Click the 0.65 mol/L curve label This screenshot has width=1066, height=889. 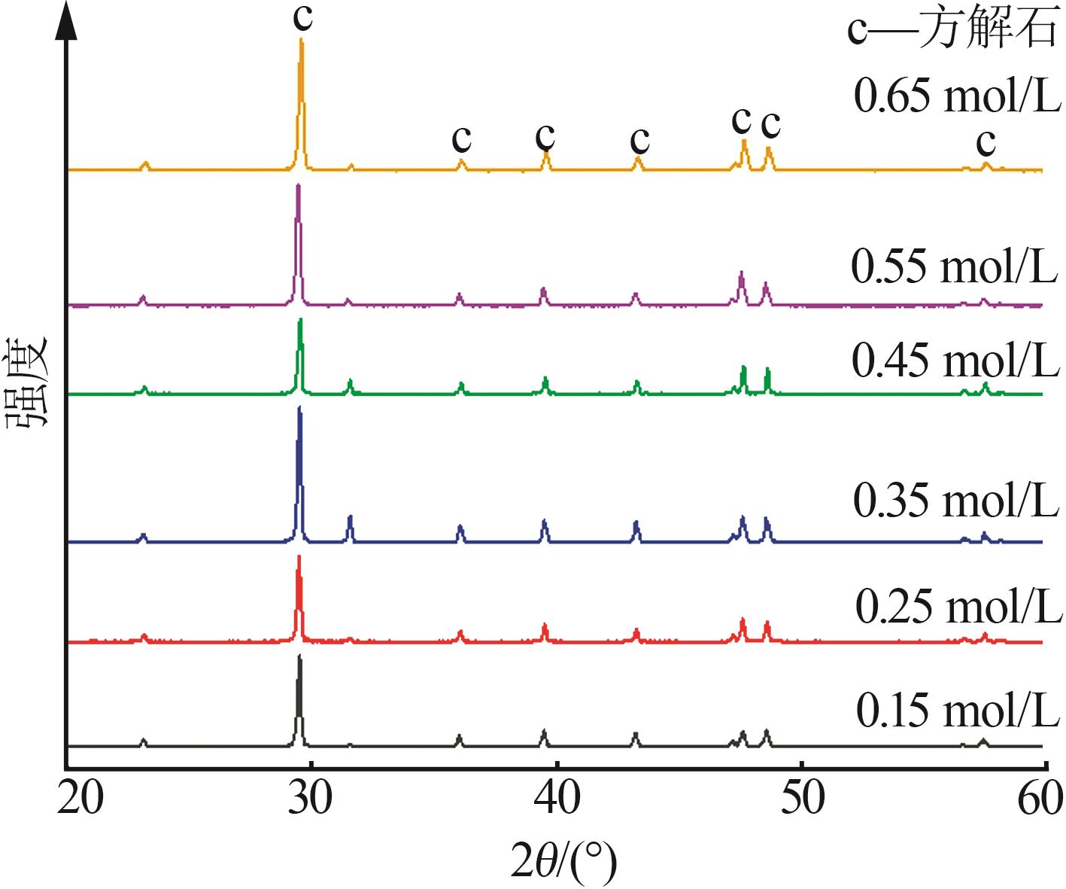click(x=957, y=97)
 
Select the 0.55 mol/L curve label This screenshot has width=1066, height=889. click(x=954, y=266)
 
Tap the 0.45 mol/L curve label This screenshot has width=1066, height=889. click(x=955, y=361)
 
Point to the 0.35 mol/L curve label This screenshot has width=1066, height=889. click(x=955, y=501)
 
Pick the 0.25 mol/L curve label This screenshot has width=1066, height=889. click(x=958, y=607)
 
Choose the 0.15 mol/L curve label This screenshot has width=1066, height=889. click(x=957, y=710)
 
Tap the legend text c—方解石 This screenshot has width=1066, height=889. click(x=952, y=31)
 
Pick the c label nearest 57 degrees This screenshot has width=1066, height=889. click(x=986, y=141)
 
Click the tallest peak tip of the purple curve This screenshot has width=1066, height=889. click(x=298, y=186)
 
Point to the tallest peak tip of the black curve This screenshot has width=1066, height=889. click(x=299, y=657)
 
